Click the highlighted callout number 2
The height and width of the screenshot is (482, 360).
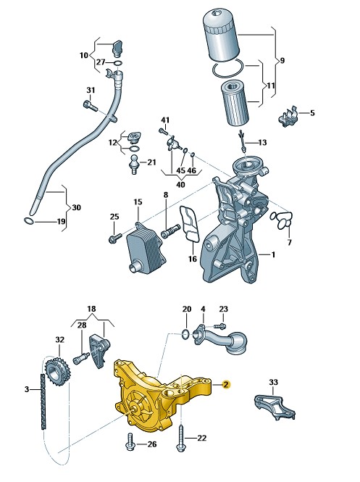(x=225, y=385)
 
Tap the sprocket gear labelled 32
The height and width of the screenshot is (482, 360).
(x=57, y=373)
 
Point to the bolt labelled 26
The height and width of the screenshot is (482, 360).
(x=130, y=441)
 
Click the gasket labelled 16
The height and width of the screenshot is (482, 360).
(x=190, y=223)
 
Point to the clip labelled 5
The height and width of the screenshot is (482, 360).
(x=288, y=116)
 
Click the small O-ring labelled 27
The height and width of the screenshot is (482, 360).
(x=117, y=63)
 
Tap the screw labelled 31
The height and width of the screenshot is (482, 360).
(x=90, y=106)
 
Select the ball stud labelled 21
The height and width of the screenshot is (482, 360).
(x=134, y=164)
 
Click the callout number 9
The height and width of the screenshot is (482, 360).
(x=282, y=61)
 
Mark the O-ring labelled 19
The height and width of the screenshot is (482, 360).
(x=28, y=220)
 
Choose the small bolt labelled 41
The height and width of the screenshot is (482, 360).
(x=163, y=131)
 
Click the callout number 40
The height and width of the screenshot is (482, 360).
(x=180, y=185)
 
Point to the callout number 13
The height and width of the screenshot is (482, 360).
(x=262, y=143)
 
